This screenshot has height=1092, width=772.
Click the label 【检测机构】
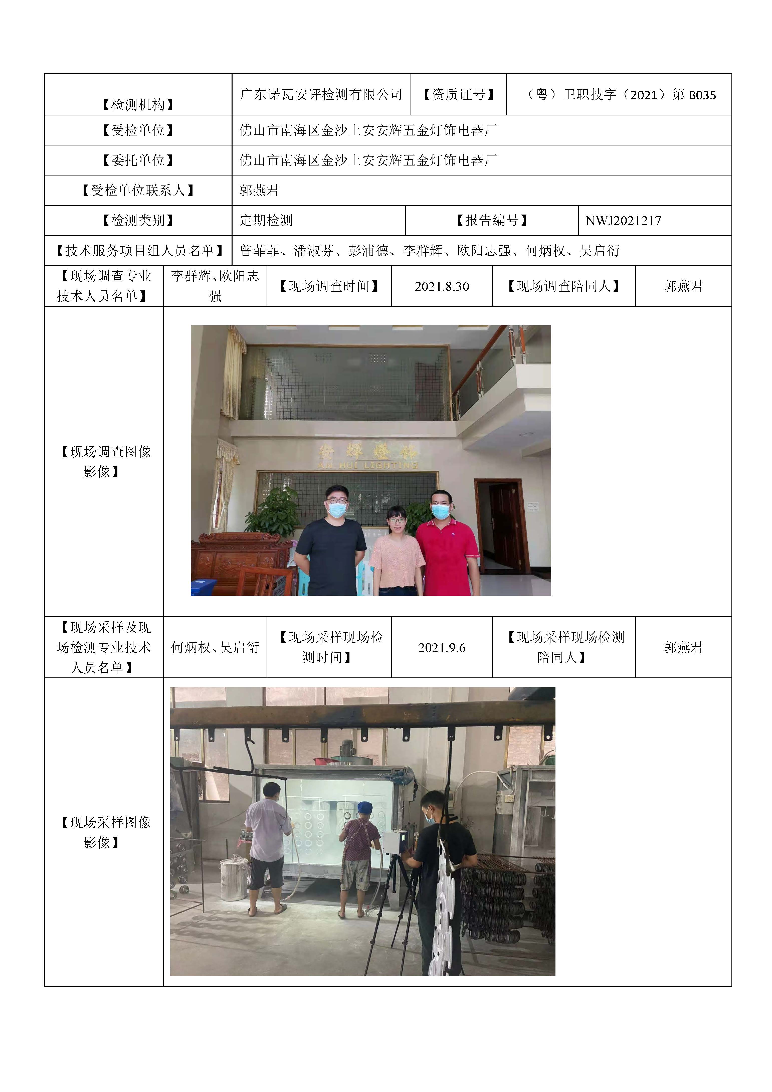[x=138, y=105]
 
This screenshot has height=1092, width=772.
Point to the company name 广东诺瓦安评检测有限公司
[x=321, y=95]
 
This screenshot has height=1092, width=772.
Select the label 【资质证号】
[x=458, y=95]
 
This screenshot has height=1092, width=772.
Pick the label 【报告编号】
[x=491, y=221]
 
